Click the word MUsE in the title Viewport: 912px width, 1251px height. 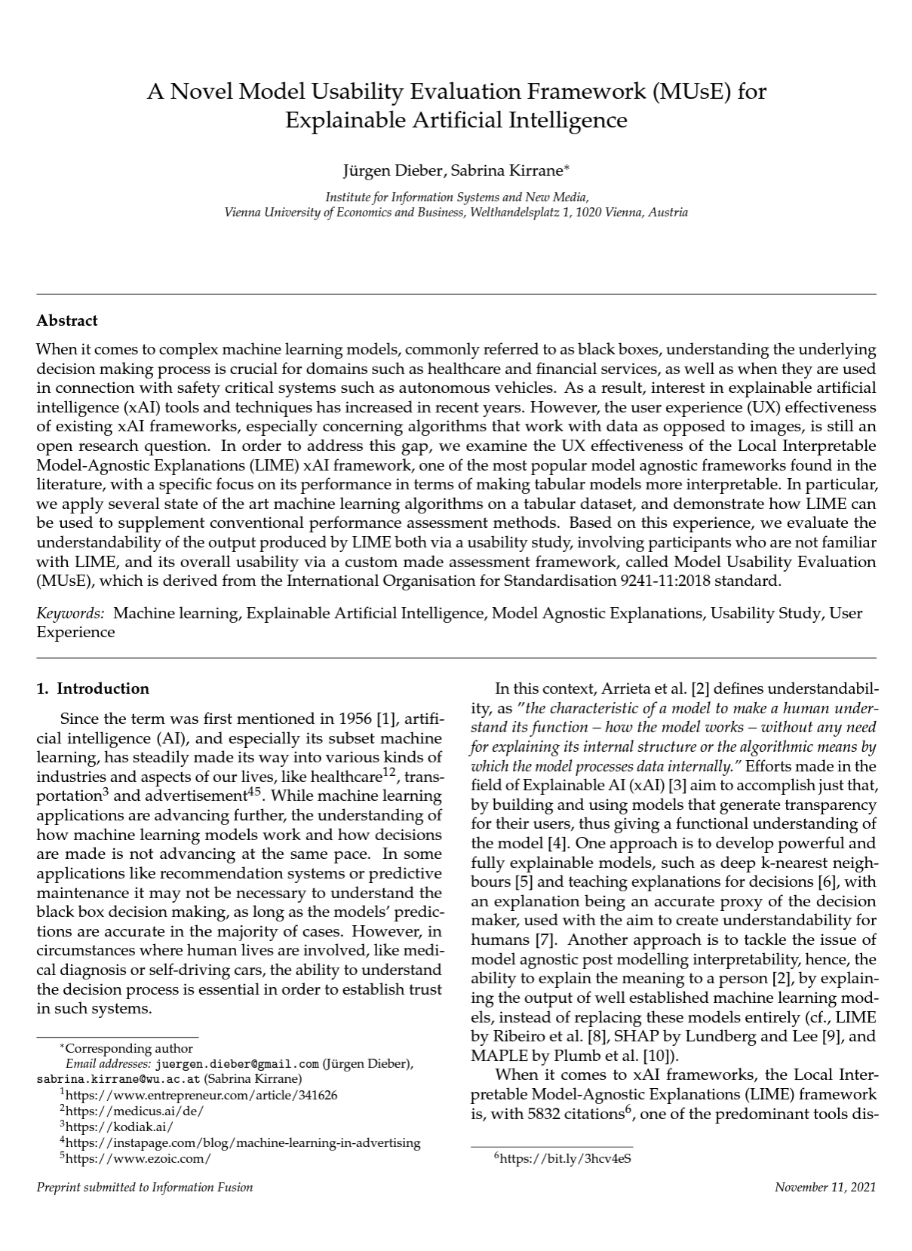pos(691,92)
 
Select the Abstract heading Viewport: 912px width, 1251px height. pos(67,320)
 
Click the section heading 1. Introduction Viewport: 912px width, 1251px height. pos(93,688)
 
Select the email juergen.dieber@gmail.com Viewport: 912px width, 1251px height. pos(237,1064)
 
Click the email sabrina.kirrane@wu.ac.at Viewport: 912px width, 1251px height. pos(118,1078)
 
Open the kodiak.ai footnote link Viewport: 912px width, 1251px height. pos(119,1127)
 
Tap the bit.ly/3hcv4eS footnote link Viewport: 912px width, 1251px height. pos(565,1159)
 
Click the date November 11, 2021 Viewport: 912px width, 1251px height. pos(825,1188)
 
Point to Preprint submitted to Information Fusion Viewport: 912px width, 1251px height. pos(145,1188)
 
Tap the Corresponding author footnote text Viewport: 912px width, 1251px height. pos(129,1048)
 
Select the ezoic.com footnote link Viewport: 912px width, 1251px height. pos(138,1159)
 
